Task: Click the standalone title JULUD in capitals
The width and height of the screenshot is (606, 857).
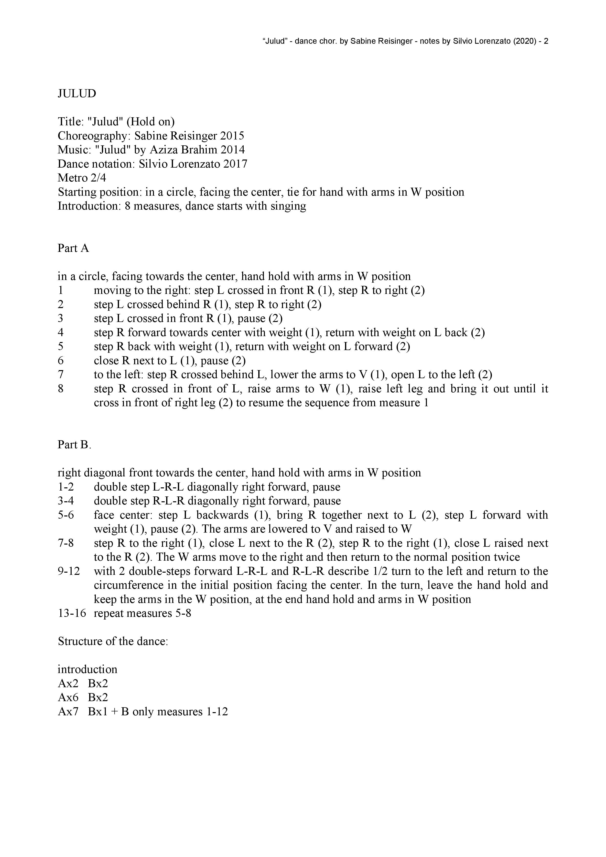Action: pyautogui.click(x=76, y=93)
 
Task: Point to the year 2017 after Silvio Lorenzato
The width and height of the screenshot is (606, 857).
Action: pyautogui.click(x=235, y=164)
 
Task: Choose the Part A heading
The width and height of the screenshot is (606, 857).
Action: pyautogui.click(x=73, y=248)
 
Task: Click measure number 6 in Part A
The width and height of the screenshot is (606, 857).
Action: pyautogui.click(x=61, y=361)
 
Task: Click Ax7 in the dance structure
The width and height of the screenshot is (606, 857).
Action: pyautogui.click(x=68, y=711)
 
